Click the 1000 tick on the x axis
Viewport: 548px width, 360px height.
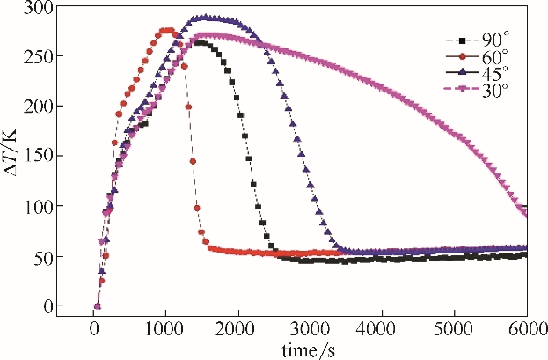pos(165,327)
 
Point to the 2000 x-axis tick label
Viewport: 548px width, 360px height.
pos(237,327)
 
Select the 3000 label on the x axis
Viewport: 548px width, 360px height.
pos(310,327)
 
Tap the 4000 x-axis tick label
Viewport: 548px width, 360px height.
pos(382,327)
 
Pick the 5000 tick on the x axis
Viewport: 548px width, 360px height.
pos(454,327)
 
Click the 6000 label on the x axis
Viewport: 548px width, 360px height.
pos(524,327)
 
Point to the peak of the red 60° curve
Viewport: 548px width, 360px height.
pos(166,30)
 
